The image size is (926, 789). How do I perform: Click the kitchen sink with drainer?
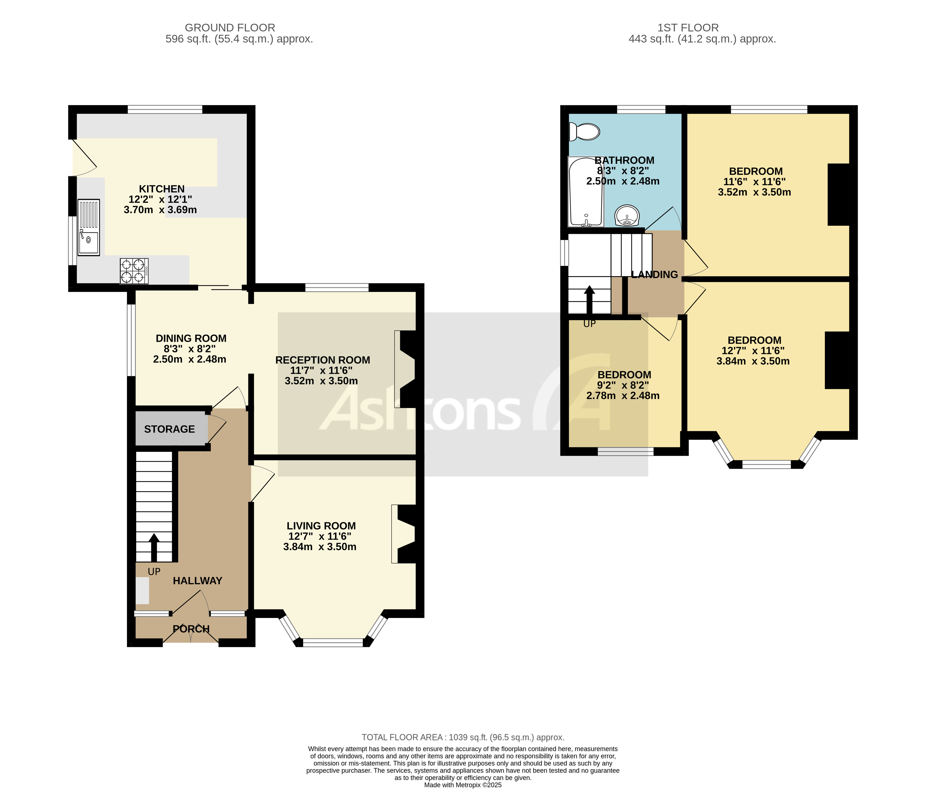88,227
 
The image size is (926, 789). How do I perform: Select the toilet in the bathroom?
584,132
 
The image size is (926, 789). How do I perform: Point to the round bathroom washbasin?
627,216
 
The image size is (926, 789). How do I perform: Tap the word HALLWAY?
198,581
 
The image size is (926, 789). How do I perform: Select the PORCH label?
191,629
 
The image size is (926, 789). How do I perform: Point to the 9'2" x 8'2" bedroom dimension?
623,385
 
